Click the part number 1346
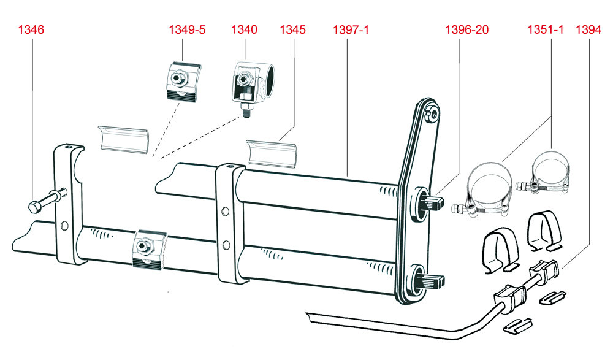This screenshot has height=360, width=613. click(31, 29)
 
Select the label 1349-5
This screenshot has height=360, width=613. click(187, 29)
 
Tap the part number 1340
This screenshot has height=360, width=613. click(245, 29)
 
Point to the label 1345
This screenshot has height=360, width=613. click(293, 29)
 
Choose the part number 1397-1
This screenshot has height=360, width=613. click(351, 29)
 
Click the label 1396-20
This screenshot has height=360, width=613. click(466, 29)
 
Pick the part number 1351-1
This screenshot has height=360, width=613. click(546, 29)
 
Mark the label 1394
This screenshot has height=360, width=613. click(588, 29)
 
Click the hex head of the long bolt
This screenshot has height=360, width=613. click(34, 207)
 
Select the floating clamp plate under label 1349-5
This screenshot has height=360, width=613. click(182, 82)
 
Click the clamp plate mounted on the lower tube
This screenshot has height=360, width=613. click(149, 250)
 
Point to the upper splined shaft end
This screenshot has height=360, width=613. click(435, 202)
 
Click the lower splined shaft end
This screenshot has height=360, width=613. click(435, 280)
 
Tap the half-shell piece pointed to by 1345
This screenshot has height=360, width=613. click(271, 153)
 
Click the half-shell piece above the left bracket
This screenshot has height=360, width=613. click(124, 139)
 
